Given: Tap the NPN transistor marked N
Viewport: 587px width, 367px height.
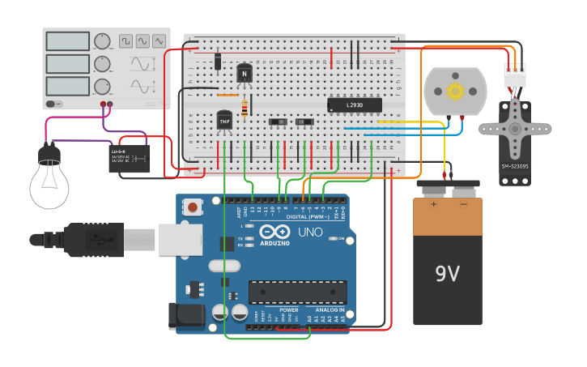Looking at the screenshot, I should [x=244, y=73].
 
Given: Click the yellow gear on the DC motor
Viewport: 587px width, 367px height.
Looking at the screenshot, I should [x=455, y=91].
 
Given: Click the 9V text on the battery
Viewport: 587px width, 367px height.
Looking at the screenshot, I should [x=448, y=274].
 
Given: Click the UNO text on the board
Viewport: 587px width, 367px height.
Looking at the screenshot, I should [x=309, y=233].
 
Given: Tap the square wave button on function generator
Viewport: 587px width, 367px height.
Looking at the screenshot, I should [x=126, y=41].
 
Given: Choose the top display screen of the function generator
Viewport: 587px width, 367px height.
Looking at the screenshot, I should [x=67, y=41].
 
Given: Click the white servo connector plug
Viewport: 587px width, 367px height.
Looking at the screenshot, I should [x=514, y=75].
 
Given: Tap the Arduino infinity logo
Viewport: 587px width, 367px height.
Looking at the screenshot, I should [x=274, y=233].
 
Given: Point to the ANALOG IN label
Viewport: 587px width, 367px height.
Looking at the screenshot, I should [x=330, y=310].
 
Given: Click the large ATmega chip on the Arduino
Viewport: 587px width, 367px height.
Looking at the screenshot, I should [x=297, y=292].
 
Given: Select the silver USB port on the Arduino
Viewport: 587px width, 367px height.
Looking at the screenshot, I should [x=181, y=240].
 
